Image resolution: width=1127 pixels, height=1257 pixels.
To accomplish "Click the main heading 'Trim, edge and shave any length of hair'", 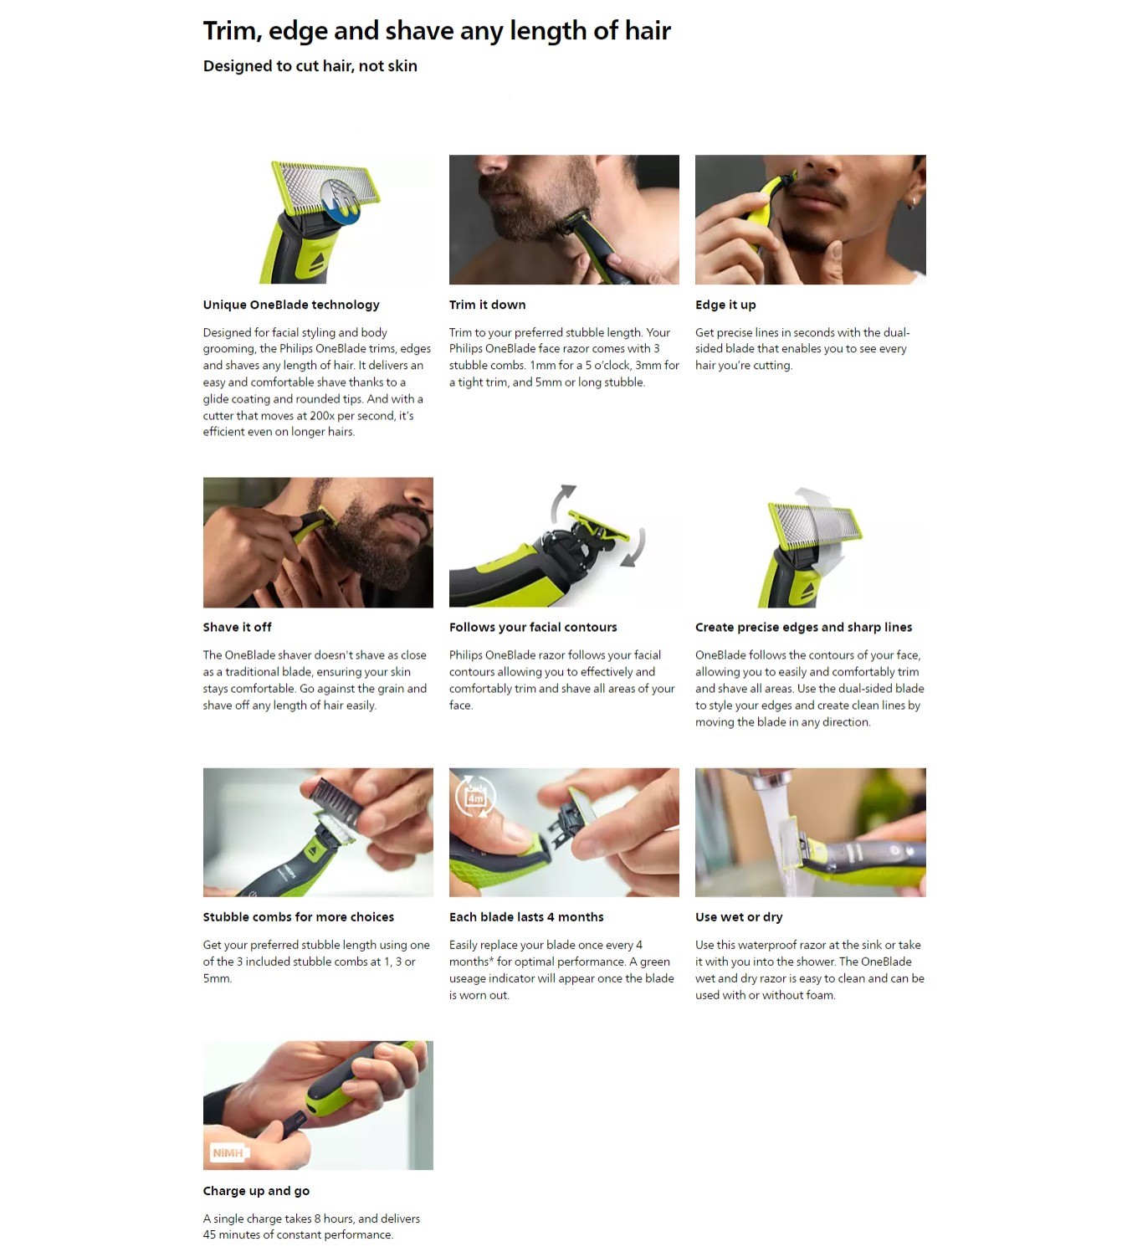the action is (437, 31).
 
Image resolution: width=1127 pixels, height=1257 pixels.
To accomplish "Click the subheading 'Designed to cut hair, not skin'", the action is (310, 66).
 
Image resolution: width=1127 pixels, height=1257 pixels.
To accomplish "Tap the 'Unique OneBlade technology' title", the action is (291, 305).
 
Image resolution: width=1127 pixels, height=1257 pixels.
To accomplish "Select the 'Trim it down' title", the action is (487, 305).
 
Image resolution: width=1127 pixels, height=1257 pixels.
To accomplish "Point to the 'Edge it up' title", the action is (725, 305).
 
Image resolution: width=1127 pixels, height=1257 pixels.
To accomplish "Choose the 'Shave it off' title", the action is (237, 628).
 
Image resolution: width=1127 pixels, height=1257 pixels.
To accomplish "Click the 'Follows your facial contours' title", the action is (533, 628).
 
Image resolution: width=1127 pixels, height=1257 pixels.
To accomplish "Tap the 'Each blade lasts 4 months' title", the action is (526, 917).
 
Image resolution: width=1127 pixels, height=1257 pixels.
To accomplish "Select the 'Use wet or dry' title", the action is (739, 917).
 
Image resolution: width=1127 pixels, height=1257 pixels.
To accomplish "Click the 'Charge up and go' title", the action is (256, 1191).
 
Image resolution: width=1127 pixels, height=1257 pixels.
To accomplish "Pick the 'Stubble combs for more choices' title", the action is (299, 917).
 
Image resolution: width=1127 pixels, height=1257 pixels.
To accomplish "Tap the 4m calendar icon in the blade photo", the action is (475, 796).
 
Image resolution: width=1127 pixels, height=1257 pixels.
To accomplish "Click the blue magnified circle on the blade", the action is (340, 202).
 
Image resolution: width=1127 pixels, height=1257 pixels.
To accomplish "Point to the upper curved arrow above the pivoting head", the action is (562, 503).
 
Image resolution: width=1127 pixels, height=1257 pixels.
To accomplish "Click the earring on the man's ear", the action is (912, 203).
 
